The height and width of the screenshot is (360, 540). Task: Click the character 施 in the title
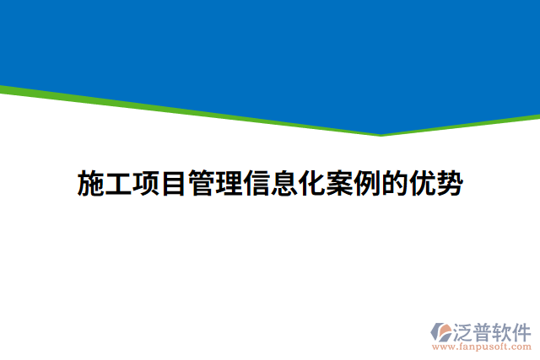coord(92,183)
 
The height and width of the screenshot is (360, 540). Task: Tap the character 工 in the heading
coord(119,183)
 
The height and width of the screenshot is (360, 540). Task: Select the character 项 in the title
coord(147,183)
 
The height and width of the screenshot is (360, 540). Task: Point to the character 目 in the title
coord(174,183)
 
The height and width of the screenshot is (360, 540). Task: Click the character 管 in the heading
coord(202,183)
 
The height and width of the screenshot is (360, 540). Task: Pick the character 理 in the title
coord(229,183)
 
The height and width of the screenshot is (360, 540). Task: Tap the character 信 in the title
coord(256,183)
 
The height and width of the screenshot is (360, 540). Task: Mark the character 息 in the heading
coord(283,183)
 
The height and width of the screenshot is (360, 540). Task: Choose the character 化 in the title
coord(311,183)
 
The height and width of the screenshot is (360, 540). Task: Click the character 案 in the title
coord(338,183)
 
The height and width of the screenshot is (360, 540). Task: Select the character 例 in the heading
coord(366,183)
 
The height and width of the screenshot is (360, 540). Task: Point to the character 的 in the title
coord(393,183)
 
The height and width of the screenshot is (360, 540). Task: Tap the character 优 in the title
coord(421,183)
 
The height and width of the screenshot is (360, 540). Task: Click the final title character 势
coord(448,183)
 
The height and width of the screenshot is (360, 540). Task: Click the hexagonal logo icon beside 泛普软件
coord(442,330)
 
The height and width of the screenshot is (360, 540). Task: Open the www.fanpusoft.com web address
coord(482,346)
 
